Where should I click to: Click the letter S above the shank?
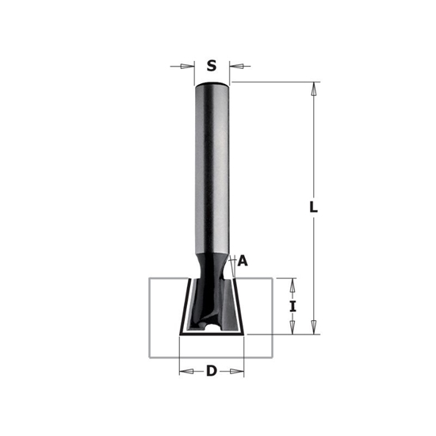[212, 67]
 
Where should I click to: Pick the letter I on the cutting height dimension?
[293, 306]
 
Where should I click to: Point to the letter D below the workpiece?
[212, 371]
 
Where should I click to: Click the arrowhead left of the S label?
[189, 67]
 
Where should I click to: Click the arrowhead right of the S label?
[235, 67]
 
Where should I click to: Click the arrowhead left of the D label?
[185, 371]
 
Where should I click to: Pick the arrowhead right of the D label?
[239, 371]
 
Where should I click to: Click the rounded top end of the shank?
[212, 86]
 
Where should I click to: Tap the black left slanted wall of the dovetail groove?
[184, 306]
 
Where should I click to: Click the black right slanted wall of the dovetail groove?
[240, 306]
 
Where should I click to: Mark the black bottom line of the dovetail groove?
[212, 336]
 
